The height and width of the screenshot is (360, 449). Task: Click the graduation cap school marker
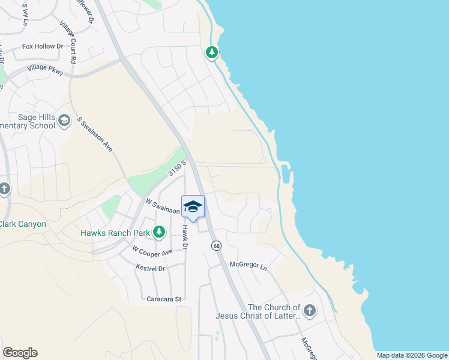coord(193,207)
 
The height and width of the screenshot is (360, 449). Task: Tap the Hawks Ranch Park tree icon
coord(159,232)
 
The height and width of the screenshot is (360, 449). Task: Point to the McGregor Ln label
coord(247,265)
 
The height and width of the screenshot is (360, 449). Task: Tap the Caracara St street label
coord(164,298)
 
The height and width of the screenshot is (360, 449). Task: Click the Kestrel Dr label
coord(150,268)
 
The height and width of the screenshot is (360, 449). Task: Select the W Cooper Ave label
coord(152,250)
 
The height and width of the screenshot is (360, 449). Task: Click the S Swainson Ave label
coord(95,134)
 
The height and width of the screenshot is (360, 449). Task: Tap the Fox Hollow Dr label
coord(42,46)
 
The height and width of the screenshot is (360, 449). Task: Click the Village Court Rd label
coord(68,42)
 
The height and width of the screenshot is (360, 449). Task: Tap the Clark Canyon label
coord(23,224)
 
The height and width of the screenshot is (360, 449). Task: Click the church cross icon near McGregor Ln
coord(309,310)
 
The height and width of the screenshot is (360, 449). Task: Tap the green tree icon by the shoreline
coord(211,53)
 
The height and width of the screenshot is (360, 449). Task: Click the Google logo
coord(20,353)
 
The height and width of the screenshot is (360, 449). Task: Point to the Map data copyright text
coord(411,355)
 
